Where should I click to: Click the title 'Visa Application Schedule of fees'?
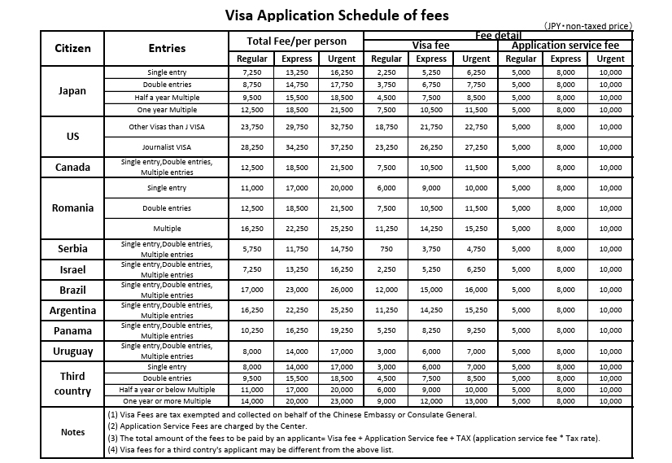336,15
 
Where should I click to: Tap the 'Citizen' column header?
72,48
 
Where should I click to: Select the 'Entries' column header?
167,48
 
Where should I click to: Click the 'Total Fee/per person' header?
297,41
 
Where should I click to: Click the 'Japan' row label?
72,91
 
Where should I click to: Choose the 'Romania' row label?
72,207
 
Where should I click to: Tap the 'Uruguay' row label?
72,352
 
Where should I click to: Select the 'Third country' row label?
72,383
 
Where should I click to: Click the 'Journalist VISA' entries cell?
167,146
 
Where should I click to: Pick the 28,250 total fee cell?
251,147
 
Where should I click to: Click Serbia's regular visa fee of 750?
386,249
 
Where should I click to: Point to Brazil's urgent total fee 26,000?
342,290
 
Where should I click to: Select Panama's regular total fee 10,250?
251,330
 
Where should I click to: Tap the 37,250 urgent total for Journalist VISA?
342,147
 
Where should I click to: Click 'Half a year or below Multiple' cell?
167,390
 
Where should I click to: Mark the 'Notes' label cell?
72,432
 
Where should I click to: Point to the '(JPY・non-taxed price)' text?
587,26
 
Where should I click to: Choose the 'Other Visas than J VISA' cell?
167,127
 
